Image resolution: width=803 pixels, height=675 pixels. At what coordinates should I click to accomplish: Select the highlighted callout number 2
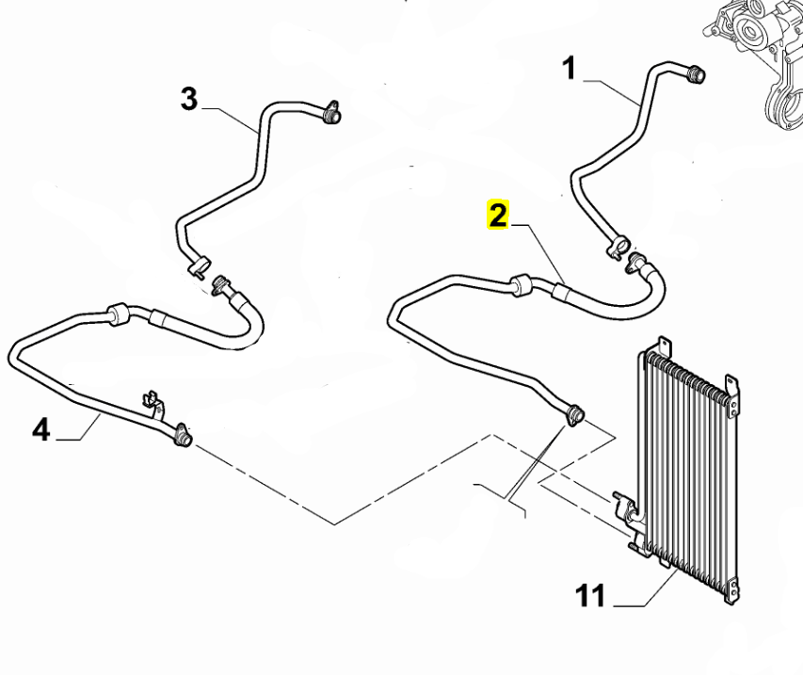point(496,217)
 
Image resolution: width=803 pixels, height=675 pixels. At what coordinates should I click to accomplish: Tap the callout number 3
point(189,99)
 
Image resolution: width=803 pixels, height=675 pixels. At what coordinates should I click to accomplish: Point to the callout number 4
point(40,430)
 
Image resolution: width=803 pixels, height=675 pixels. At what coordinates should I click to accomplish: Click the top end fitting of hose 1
point(697,73)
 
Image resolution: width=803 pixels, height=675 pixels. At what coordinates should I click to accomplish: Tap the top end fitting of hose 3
point(332,115)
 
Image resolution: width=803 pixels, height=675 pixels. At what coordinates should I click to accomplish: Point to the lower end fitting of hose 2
point(573,413)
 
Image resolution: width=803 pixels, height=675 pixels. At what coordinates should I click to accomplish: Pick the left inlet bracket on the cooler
point(623,506)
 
